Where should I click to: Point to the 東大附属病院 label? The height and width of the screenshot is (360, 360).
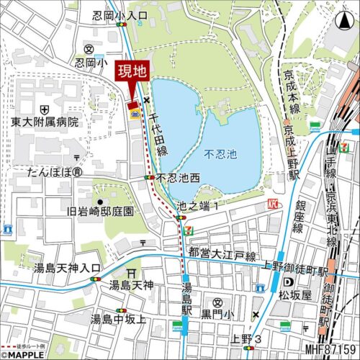(x=45, y=122)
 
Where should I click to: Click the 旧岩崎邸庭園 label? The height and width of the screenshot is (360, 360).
(x=100, y=211)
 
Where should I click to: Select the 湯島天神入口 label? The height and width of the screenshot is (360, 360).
(x=68, y=268)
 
